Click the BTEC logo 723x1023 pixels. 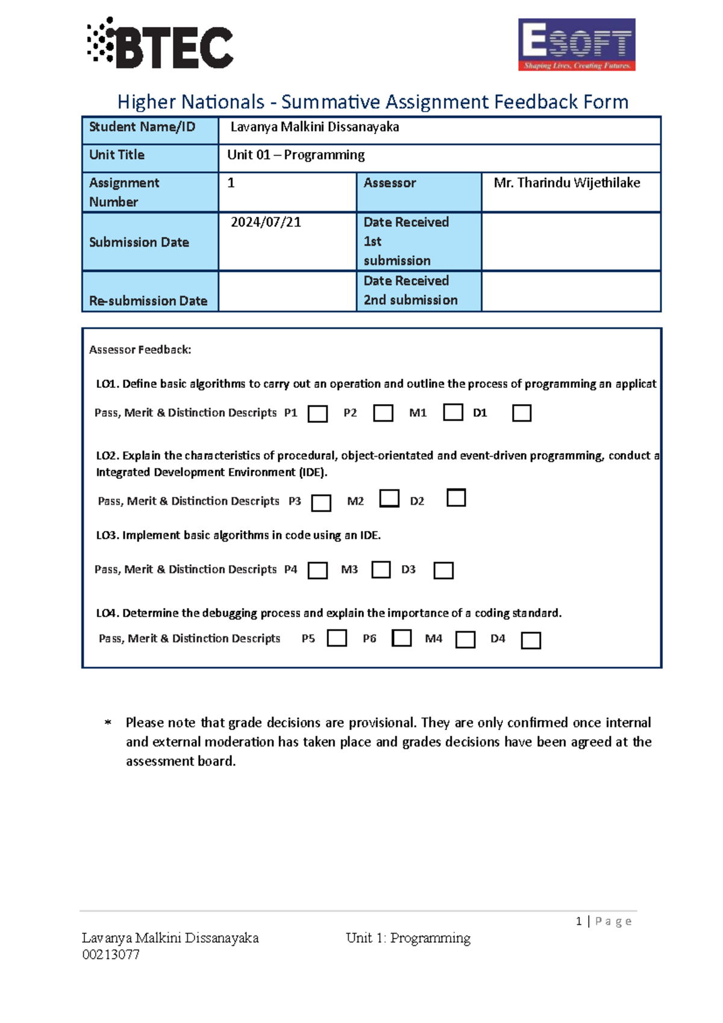(160, 43)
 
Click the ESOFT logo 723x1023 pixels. (577, 45)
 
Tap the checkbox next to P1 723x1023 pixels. (318, 414)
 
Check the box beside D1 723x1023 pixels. (522, 413)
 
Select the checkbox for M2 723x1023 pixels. (389, 498)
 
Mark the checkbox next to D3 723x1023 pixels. (443, 570)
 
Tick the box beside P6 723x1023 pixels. (402, 638)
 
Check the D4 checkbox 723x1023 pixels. (531, 640)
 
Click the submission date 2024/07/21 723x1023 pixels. (266, 223)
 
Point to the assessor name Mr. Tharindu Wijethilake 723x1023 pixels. (566, 183)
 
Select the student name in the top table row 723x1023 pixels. (315, 127)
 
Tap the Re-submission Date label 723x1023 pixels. (148, 300)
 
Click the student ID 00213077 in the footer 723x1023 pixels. (111, 954)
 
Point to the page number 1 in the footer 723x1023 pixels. (578, 921)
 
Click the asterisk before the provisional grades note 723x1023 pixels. (108, 723)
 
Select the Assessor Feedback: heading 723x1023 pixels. (140, 350)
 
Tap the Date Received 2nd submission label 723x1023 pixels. (410, 291)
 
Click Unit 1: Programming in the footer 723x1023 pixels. (408, 938)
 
